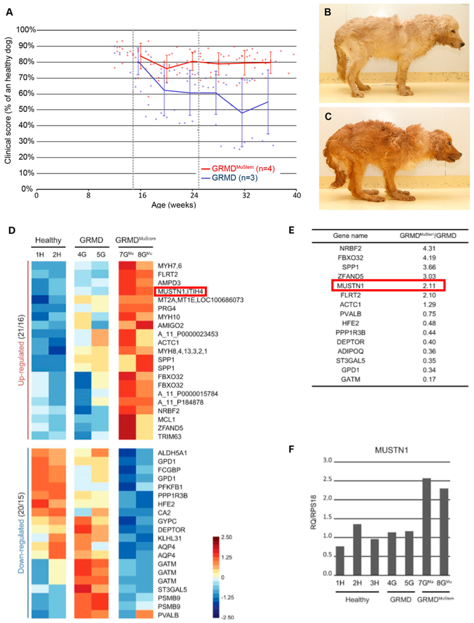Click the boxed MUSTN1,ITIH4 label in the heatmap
(x=181, y=291)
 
